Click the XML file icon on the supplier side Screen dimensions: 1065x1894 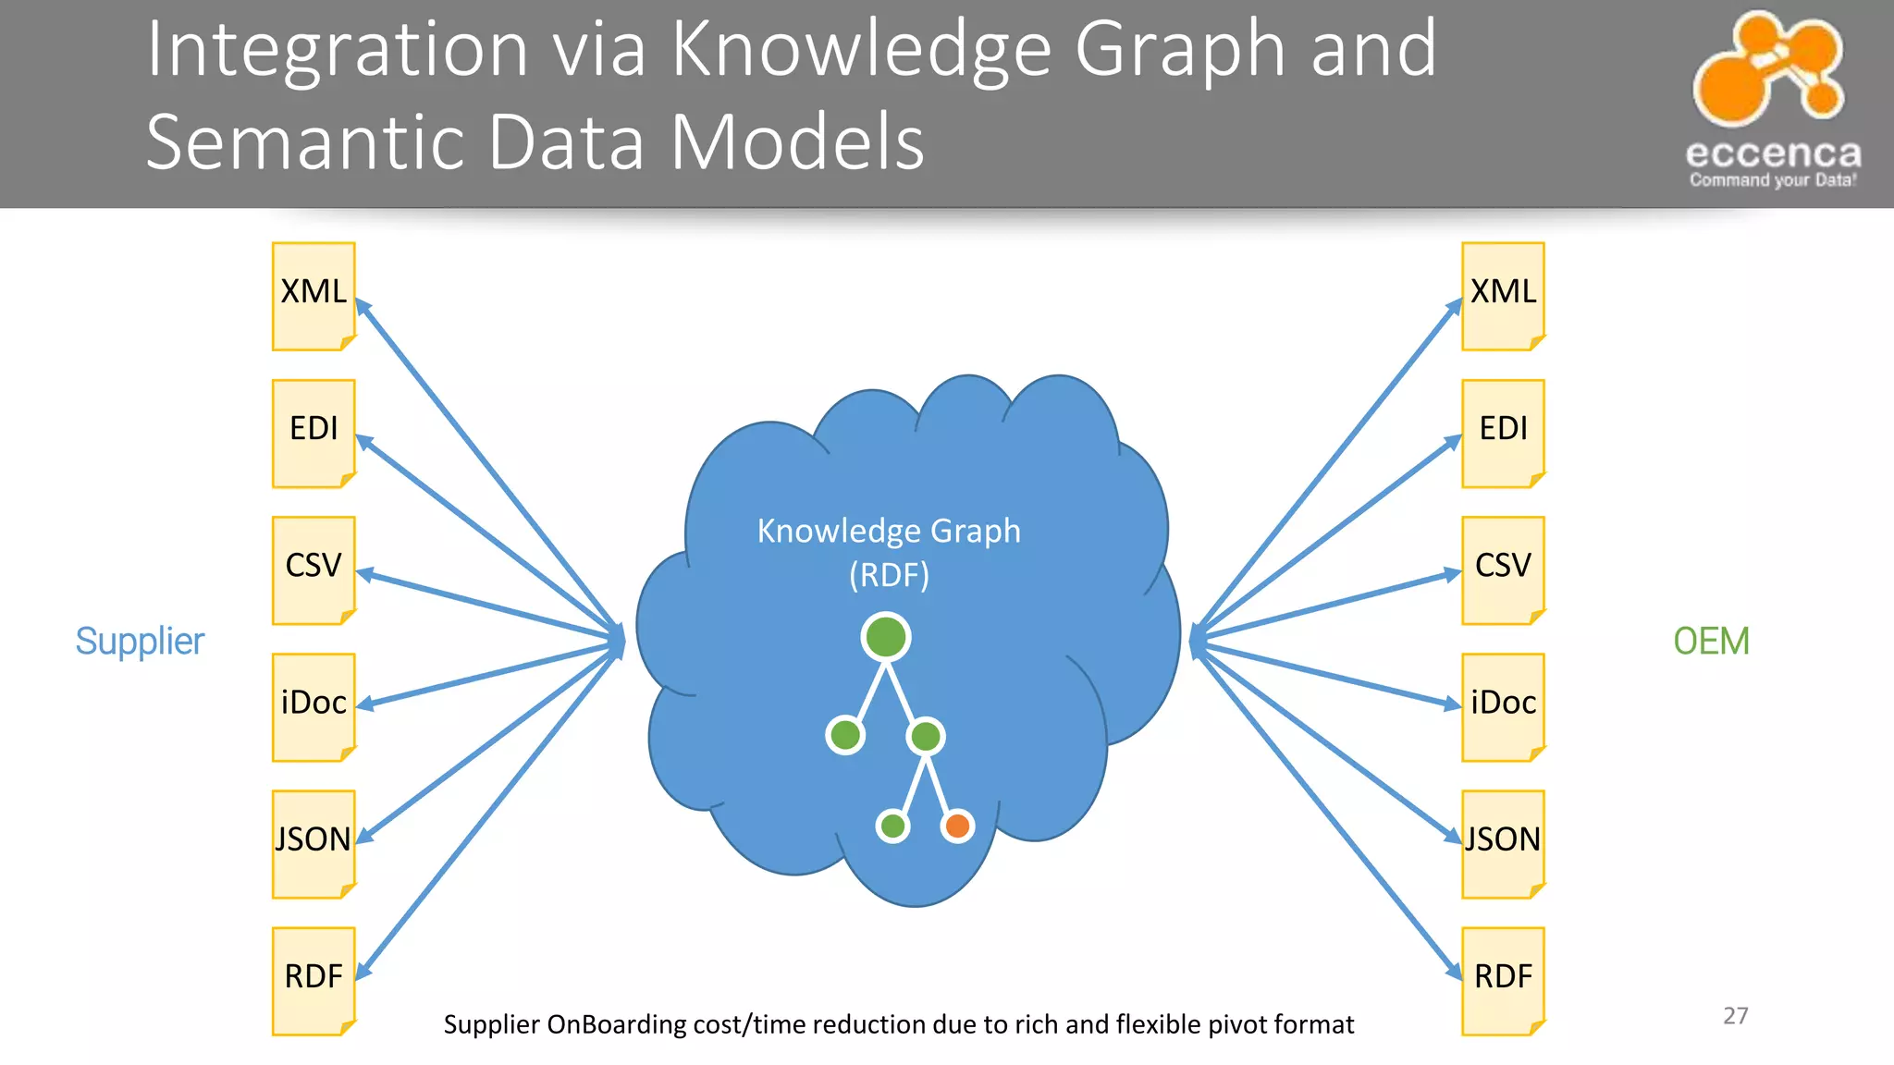click(314, 296)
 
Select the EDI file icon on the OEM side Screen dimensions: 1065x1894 click(1503, 433)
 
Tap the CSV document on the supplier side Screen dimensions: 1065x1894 click(314, 569)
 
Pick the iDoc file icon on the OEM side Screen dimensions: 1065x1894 click(1503, 706)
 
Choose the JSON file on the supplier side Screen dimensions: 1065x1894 click(314, 843)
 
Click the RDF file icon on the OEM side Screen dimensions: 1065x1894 click(1503, 980)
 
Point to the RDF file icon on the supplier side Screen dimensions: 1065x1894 click(314, 980)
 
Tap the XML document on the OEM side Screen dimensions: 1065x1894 click(1503, 296)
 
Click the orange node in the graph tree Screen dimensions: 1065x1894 click(957, 826)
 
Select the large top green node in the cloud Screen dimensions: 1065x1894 click(886, 637)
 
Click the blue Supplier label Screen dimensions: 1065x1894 click(140, 641)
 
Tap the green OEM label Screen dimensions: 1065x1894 click(1711, 641)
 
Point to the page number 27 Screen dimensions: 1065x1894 click(1735, 1015)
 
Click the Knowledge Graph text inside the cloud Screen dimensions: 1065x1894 click(889, 531)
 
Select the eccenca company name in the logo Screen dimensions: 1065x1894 click(1773, 153)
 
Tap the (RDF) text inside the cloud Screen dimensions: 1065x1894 click(889, 575)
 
